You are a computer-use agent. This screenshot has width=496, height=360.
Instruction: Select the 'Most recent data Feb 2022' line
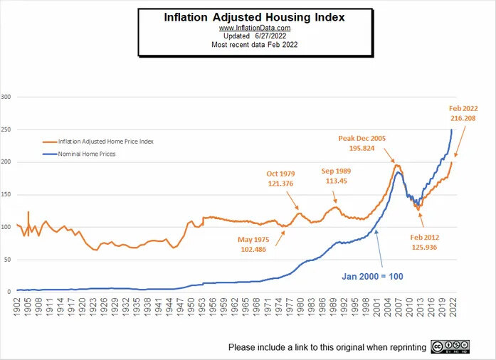[254, 44]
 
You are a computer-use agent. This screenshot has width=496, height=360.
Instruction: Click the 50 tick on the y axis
[8, 259]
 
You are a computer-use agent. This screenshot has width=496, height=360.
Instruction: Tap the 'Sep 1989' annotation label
[336, 171]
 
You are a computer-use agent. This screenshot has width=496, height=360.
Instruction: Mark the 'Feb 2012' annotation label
[426, 236]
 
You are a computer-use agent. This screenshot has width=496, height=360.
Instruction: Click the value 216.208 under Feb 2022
[463, 118]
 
